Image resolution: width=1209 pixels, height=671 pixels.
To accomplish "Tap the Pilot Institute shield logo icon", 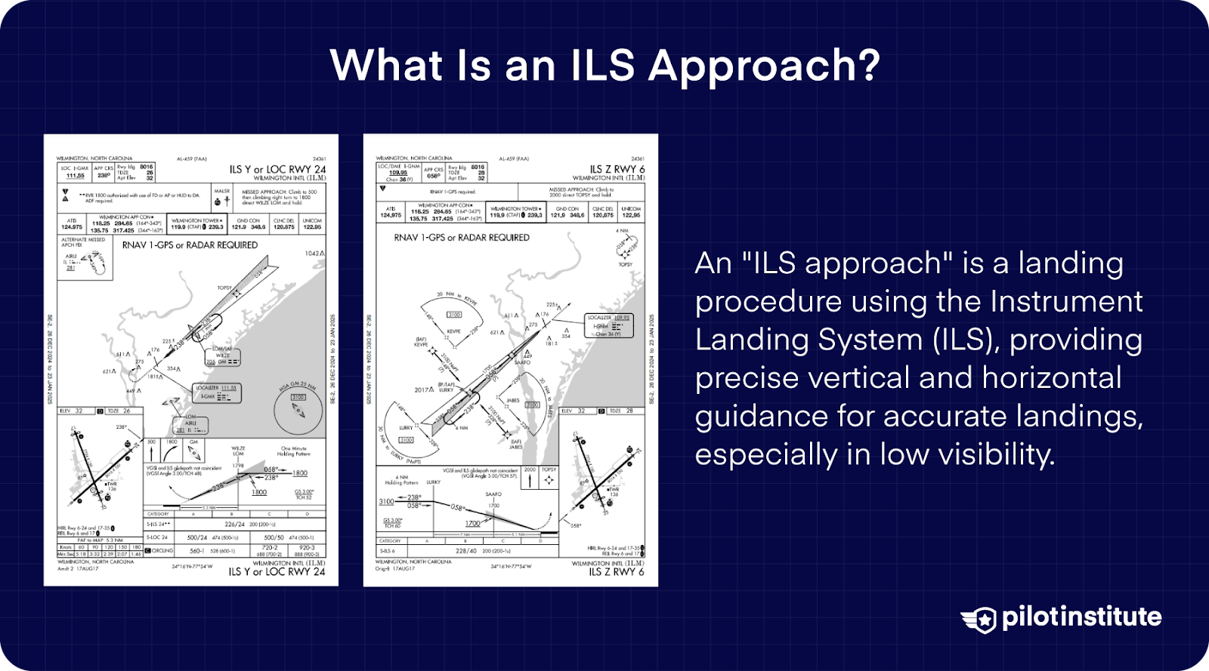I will tap(979, 618).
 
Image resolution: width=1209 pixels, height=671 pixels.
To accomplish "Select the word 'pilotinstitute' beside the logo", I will tap(1081, 617).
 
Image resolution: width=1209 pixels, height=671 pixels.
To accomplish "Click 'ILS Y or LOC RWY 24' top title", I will tap(277, 169).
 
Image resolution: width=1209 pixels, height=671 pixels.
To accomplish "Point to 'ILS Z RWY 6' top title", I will tap(617, 169).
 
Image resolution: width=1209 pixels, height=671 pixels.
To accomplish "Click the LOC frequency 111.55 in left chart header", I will tap(76, 175).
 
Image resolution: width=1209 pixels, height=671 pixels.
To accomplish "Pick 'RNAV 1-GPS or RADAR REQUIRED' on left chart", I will tap(190, 245).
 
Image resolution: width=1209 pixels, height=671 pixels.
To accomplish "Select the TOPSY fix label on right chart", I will tap(625, 264).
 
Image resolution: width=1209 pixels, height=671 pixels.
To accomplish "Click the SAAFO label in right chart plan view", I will tap(522, 362).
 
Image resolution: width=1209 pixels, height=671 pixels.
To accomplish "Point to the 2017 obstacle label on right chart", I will tap(423, 390).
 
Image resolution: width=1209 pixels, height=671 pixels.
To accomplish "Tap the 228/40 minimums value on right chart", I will tap(466, 551).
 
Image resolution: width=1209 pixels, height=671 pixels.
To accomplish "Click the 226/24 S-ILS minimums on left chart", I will tap(234, 524).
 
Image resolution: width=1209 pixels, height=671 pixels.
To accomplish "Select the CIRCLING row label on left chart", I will tap(162, 551).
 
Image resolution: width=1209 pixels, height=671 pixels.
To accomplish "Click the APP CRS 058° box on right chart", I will tap(433, 174).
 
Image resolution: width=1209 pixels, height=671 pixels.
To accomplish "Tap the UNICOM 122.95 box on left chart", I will tap(312, 224).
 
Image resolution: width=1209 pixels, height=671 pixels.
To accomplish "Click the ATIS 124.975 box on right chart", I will tap(391, 212).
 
